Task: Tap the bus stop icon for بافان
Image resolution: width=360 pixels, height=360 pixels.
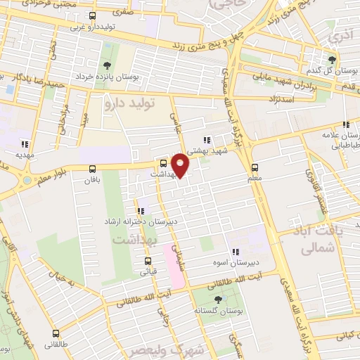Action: point(93,168)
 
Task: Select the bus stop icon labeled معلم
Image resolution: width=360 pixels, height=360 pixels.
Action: point(255,168)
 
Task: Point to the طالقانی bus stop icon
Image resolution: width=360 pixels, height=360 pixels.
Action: point(56,333)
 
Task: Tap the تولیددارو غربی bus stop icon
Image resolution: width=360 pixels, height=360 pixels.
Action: point(92,15)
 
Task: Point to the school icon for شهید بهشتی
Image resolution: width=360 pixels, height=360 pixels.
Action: point(206,140)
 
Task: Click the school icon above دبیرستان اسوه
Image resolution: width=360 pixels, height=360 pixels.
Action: point(236,251)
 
